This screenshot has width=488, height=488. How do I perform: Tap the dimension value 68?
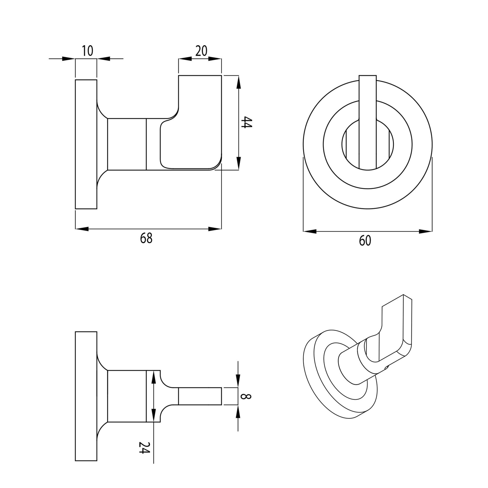146,238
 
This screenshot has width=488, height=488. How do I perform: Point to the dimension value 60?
365,241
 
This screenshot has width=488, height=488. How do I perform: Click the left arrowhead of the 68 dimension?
82,229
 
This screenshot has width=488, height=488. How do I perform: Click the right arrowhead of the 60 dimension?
425,231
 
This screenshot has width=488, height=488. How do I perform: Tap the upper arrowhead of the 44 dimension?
238,82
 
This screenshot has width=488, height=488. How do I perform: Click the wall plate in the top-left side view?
86,144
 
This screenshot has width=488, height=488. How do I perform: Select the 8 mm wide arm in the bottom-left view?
200,396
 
